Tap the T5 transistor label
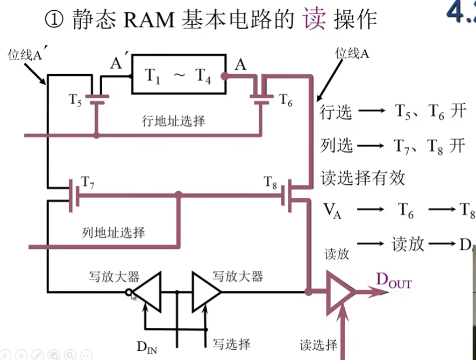click(x=75, y=99)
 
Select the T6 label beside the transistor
click(x=286, y=100)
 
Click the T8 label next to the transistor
click(x=271, y=182)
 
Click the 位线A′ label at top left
click(x=25, y=55)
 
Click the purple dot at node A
click(x=225, y=76)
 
